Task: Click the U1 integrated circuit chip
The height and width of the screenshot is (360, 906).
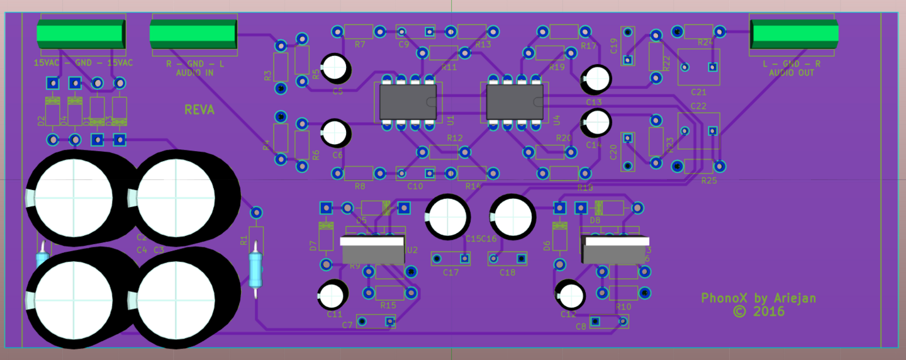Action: pos(408,103)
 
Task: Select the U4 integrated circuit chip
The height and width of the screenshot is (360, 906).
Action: pos(515,103)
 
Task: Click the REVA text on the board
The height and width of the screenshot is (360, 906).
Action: pos(199,110)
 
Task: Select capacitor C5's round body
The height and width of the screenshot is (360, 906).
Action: pos(337,67)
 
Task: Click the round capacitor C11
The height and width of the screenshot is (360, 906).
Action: pos(333,294)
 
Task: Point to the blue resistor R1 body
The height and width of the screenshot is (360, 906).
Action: pos(255,267)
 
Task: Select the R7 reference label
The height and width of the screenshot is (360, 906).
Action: pos(360,45)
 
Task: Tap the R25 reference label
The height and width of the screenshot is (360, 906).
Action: pos(709,181)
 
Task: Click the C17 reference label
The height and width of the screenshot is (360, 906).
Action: pos(451,273)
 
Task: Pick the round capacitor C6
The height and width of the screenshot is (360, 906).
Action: pos(337,133)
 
